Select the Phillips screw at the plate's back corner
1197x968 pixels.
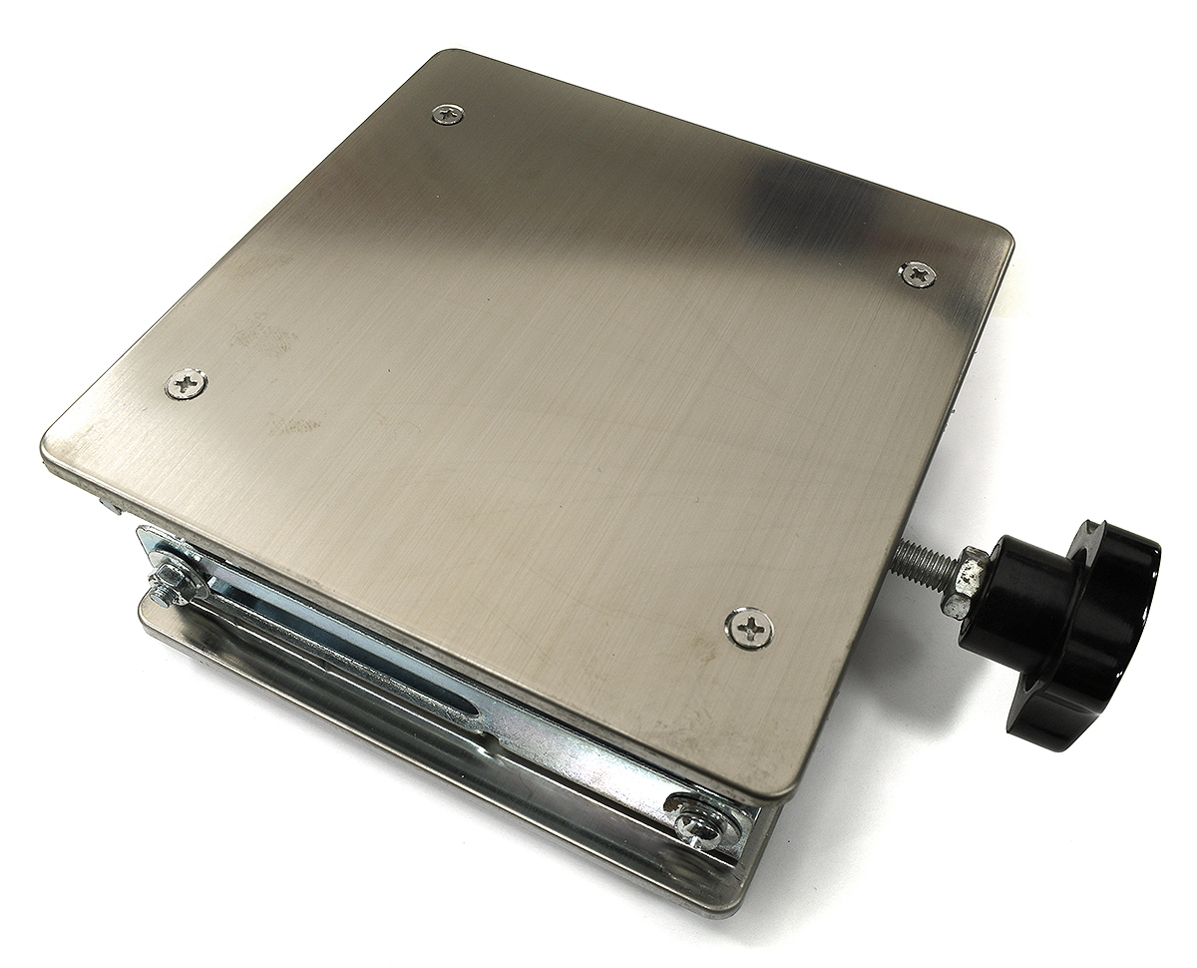(x=448, y=115)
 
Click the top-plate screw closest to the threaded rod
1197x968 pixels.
(x=918, y=273)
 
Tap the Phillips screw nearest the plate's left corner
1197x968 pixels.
(x=186, y=382)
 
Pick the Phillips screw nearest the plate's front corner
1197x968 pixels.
(x=749, y=628)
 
